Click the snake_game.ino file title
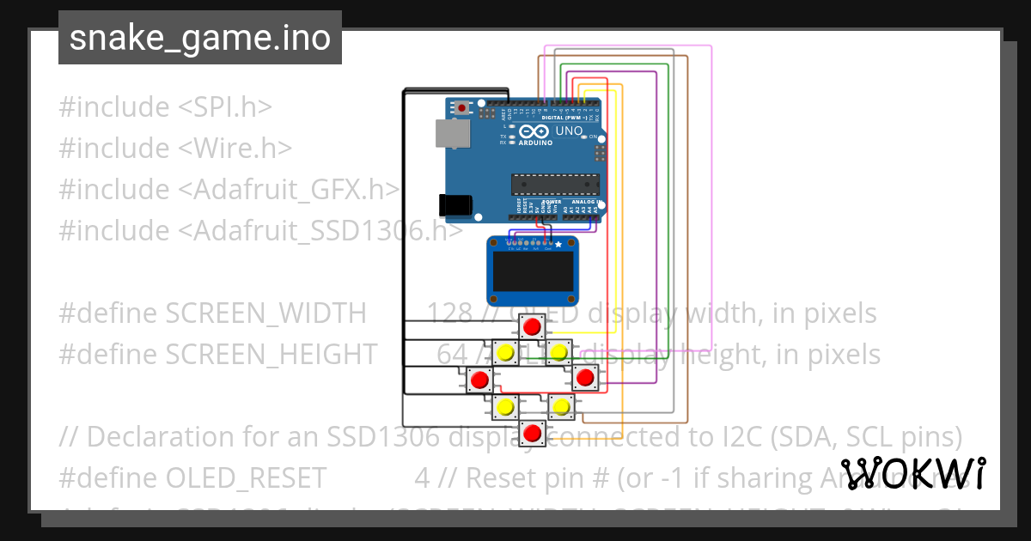pos(199,38)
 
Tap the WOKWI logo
pos(912,473)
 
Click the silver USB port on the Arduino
pos(453,133)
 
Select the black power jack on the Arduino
pos(454,204)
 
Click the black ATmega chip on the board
pos(555,184)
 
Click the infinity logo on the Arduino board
pos(534,131)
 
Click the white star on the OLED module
pos(558,244)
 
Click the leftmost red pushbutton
pos(479,379)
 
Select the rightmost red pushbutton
pos(586,377)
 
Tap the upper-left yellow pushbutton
pos(506,352)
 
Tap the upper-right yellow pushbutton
pos(559,351)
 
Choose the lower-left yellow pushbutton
pos(506,406)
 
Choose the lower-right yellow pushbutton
pos(560,406)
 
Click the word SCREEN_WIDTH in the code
pos(265,313)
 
